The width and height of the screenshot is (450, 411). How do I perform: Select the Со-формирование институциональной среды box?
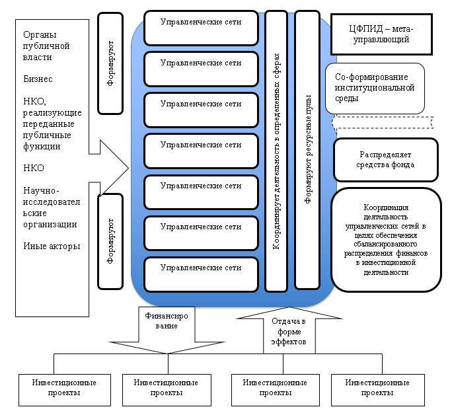pyautogui.click(x=375, y=87)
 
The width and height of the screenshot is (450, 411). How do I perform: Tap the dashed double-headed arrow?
pyautogui.click(x=383, y=122)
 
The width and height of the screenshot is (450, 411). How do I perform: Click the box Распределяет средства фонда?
pyautogui.click(x=386, y=159)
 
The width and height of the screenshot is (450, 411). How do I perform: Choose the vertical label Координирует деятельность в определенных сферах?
pyautogui.click(x=276, y=151)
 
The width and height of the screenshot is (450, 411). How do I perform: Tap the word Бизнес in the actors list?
pyautogui.click(x=38, y=79)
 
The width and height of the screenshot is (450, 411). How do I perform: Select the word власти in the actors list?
pyautogui.click(x=37, y=57)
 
